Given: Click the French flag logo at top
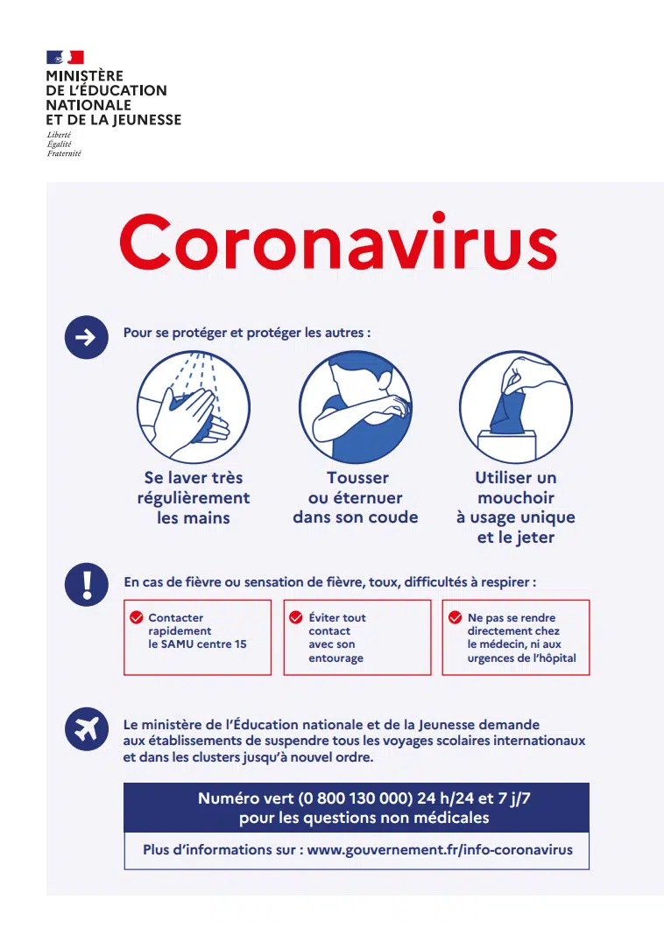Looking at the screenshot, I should (x=65, y=58).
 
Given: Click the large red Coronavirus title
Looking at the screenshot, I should (x=338, y=243).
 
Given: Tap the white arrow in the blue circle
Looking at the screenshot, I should (x=87, y=339).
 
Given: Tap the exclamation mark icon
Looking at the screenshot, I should (x=87, y=585).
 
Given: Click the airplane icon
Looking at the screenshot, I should (x=87, y=728).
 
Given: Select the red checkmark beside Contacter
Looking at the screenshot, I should (x=137, y=617).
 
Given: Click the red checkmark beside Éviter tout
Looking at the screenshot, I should (x=296, y=617).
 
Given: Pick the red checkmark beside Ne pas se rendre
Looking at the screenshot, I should (x=455, y=617).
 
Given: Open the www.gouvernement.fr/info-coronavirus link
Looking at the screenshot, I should (x=440, y=849).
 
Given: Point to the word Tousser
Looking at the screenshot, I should (x=357, y=478).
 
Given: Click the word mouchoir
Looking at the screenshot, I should (x=516, y=498).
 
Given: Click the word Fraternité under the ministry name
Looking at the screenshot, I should (x=64, y=153).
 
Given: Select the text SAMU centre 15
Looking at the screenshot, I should (x=197, y=644).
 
